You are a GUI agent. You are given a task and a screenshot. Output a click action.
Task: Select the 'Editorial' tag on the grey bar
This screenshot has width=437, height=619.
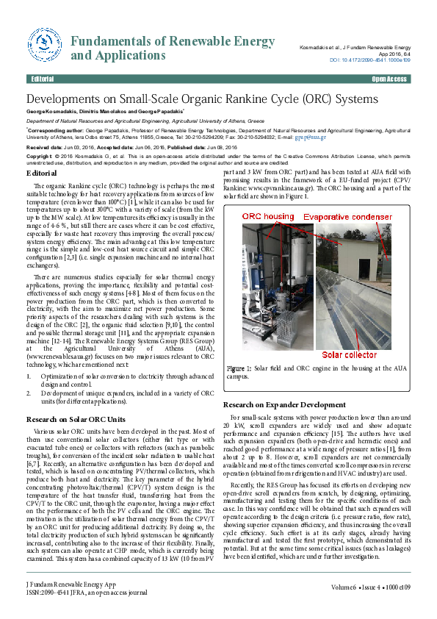tap(43, 79)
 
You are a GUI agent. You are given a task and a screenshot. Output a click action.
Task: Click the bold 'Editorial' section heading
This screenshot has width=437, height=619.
tap(41, 172)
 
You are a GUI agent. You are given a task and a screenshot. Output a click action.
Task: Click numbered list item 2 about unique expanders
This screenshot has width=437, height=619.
tap(118, 398)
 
